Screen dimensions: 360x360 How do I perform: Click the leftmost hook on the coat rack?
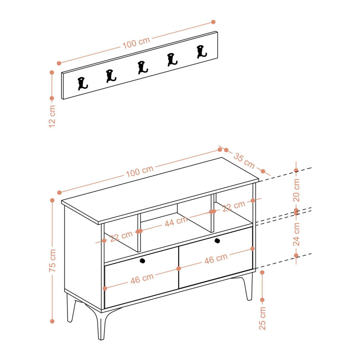coord(82,84)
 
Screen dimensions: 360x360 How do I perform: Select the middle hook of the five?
coord(143,67)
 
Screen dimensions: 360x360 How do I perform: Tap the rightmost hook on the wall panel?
coord(202,52)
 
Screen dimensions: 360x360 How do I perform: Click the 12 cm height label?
coord(52,117)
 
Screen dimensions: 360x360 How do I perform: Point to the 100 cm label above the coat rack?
coord(136,43)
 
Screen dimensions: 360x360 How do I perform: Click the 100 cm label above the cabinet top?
coord(139,171)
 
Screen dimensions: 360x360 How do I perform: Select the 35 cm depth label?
coord(244,161)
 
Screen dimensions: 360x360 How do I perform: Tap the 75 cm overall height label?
coord(52,261)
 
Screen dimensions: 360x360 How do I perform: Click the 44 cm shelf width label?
coord(176,221)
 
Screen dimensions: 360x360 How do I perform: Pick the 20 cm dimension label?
coord(296,190)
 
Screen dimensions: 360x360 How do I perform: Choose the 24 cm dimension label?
coord(296,234)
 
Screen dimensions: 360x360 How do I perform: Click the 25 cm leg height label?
coord(262,319)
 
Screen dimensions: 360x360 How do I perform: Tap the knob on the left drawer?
coord(142,261)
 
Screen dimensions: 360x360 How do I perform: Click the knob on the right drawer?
coord(217,241)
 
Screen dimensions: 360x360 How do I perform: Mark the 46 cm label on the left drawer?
coord(142,279)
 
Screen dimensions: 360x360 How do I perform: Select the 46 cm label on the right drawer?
coord(216,259)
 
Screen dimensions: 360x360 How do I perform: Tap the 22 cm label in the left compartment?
coord(121,237)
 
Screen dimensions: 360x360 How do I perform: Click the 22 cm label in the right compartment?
coord(234,206)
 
